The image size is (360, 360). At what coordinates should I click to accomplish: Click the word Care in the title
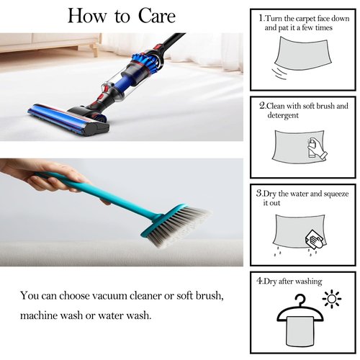(157, 16)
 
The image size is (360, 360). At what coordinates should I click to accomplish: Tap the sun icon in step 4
(332, 299)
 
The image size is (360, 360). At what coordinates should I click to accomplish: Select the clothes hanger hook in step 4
(300, 300)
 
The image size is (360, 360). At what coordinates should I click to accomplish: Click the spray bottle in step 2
(312, 148)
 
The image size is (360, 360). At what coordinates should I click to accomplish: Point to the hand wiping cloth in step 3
(315, 240)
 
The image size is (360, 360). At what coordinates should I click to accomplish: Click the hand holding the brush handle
(45, 176)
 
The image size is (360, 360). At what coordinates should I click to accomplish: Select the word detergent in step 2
(283, 115)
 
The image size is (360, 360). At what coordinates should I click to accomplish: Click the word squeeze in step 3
(336, 194)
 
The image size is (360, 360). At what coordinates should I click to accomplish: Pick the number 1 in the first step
(261, 18)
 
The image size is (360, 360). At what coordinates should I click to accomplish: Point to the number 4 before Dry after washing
(259, 280)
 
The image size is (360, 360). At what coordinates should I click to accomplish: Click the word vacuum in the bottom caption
(110, 295)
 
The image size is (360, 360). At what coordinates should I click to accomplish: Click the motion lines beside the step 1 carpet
(279, 73)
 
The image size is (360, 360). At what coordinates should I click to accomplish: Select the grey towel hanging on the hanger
(300, 331)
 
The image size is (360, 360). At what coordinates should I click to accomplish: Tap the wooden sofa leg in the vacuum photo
(95, 50)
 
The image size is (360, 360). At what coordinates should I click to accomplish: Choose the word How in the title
(87, 16)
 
